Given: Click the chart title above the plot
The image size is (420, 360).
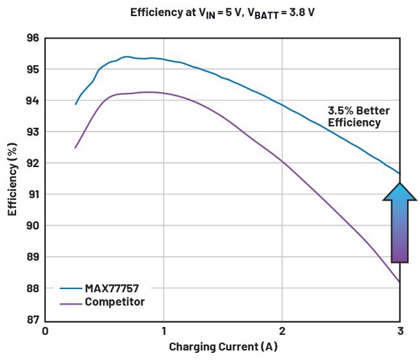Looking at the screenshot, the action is pos(223,13).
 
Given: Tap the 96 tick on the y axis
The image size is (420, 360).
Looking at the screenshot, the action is pos(33,38).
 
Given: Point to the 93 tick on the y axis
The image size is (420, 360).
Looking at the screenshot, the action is pos(33,132).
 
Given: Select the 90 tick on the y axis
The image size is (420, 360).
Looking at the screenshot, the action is pos(33,226).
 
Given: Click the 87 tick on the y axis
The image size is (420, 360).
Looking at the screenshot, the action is pos(33,319).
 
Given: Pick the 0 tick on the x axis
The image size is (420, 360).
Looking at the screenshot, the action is pos(45,331).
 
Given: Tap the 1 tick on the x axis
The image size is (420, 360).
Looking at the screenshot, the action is pos(164,331).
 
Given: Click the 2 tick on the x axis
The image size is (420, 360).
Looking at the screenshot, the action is pos(282,331).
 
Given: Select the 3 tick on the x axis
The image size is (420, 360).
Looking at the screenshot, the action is pos(401,331).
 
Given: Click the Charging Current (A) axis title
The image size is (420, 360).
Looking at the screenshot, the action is pos(223,346).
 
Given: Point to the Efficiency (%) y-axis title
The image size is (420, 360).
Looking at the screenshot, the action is pos(12,179).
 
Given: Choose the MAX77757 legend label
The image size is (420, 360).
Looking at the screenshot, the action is pos(112,288).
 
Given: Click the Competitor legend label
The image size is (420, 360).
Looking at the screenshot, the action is pos(115,302).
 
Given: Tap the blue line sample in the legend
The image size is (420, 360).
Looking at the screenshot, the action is pos(71,288).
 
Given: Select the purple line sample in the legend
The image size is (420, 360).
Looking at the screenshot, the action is pos(71,304).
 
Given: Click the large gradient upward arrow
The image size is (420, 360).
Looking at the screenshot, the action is pos(399,223).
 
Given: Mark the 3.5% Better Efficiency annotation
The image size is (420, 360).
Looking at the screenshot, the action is pos(359,117).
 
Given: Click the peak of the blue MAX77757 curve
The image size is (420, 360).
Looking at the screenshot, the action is pos(126,57).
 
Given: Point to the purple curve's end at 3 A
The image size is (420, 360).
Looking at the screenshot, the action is pos(399,282).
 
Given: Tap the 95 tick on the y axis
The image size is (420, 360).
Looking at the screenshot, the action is pos(33,70).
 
